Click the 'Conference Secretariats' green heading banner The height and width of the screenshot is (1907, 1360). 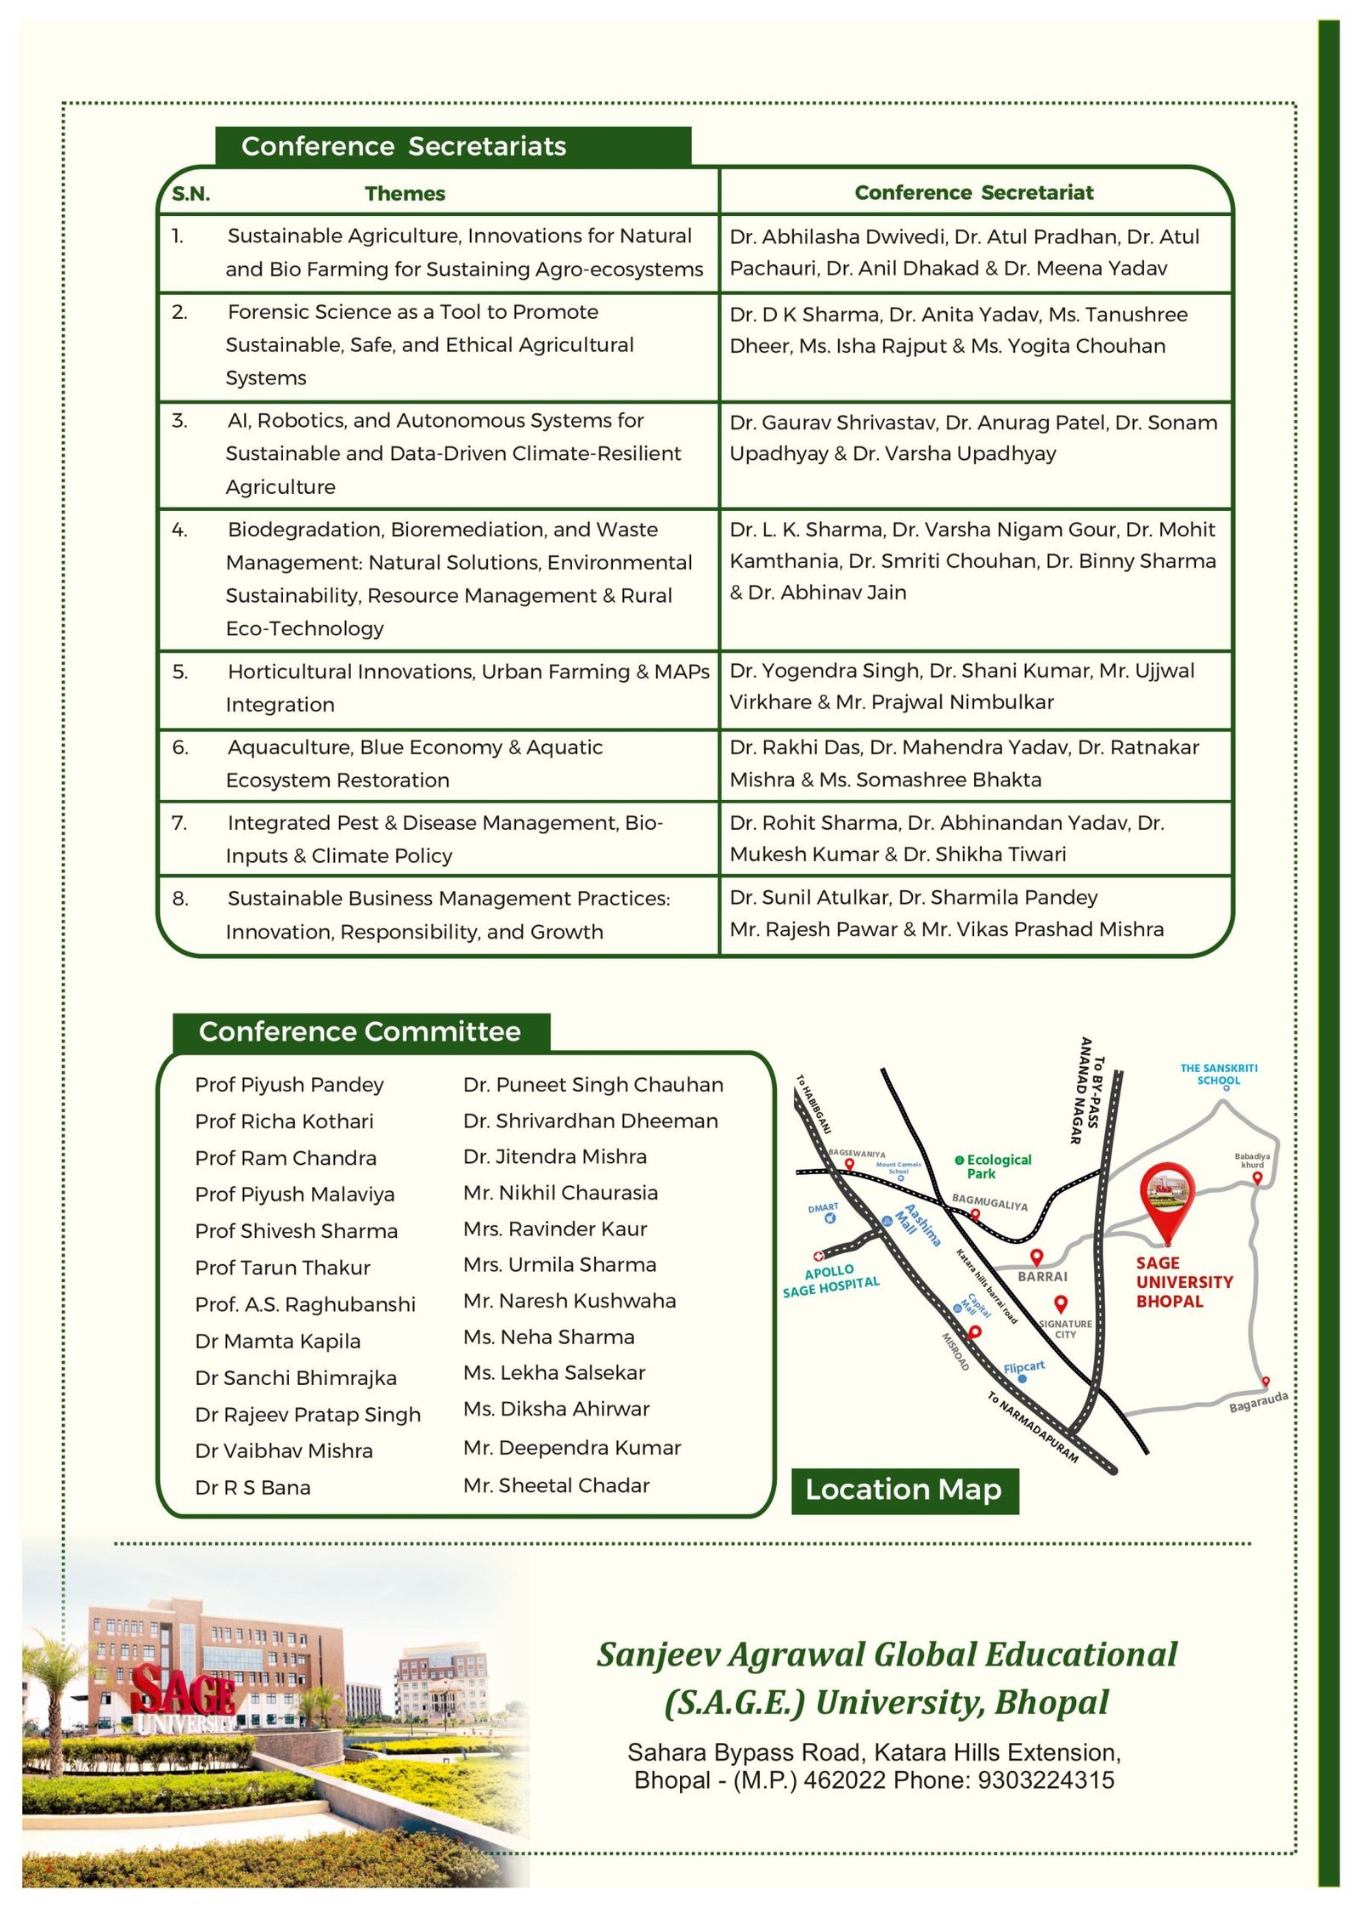click(452, 146)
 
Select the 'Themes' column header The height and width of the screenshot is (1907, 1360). click(405, 194)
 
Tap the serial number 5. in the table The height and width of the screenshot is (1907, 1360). click(179, 672)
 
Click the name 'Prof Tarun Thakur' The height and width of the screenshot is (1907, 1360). click(282, 1268)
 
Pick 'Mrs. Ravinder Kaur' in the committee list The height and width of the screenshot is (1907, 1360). click(555, 1229)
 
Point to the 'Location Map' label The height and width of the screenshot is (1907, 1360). click(904, 1490)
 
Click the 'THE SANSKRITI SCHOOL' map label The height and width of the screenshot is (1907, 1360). click(1218, 1075)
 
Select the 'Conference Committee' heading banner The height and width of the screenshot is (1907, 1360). click(360, 1031)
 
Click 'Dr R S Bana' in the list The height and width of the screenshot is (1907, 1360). click(252, 1487)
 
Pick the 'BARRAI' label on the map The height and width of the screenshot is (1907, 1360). click(1042, 1276)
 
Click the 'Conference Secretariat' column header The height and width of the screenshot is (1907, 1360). click(974, 193)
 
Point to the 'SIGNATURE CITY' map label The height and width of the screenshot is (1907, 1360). click(1066, 1329)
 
